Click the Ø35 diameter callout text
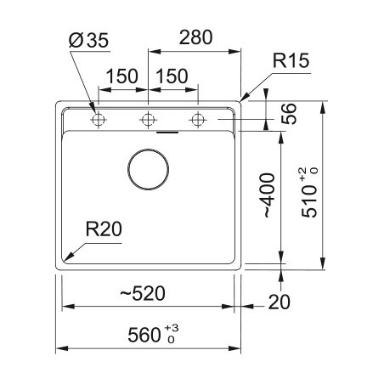[x=88, y=41]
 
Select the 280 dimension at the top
[x=195, y=37]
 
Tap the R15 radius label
[x=291, y=60]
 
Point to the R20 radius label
[x=104, y=229]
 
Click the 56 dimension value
[x=289, y=114]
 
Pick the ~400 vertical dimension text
[x=267, y=195]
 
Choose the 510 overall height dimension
[x=309, y=201]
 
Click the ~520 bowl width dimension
[x=143, y=293]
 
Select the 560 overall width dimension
[x=144, y=335]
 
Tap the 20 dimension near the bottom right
[x=279, y=302]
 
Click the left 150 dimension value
[x=121, y=76]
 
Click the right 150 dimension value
[x=172, y=76]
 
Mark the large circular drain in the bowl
[x=148, y=149]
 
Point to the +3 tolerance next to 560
[x=172, y=328]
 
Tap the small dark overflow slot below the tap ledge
[x=167, y=132]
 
